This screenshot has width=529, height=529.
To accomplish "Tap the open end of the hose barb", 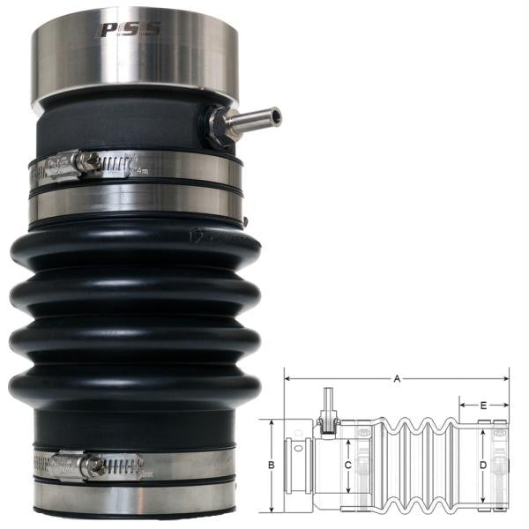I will [276, 115].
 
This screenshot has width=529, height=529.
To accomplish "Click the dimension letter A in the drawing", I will [398, 379].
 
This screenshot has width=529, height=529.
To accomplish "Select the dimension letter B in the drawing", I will [272, 465].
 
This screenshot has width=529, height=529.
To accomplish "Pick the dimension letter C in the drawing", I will [349, 465].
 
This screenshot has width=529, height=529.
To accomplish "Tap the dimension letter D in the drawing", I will [482, 465].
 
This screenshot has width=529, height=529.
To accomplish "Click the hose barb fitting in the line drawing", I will [328, 408].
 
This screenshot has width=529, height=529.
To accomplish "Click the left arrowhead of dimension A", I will [287, 379].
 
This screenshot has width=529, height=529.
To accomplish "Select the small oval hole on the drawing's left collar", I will [294, 465].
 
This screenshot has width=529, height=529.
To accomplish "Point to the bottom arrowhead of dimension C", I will [349, 495].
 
